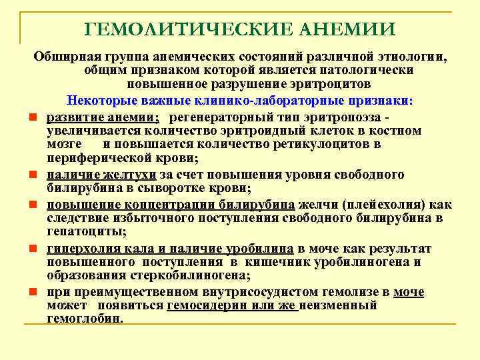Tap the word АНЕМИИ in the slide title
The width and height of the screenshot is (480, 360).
[348, 29]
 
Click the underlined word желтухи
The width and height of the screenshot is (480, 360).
[133, 175]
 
